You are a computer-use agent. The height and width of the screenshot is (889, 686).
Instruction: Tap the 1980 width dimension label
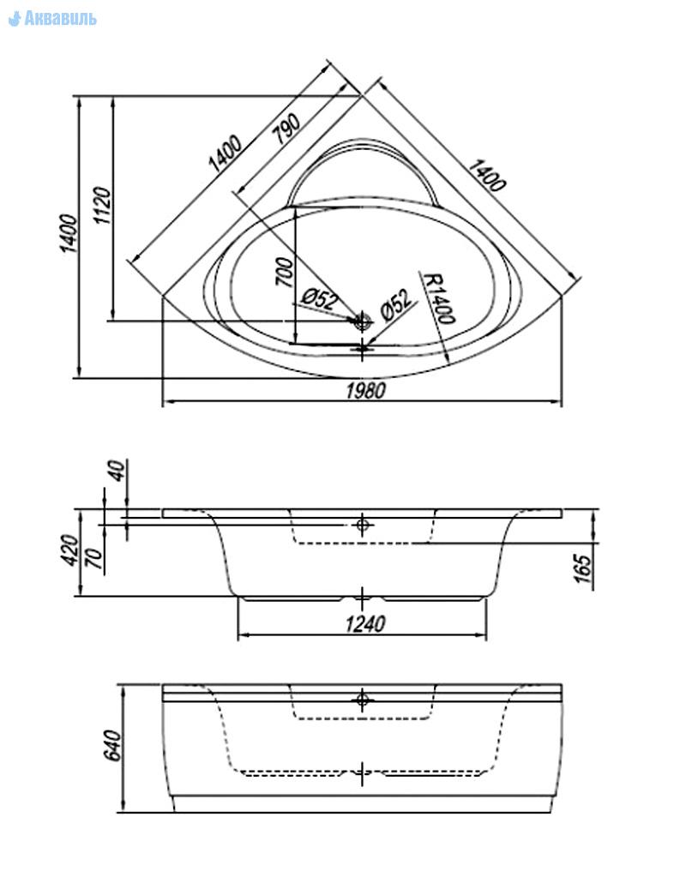(x=366, y=391)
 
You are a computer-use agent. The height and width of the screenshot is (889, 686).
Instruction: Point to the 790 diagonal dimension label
(x=286, y=129)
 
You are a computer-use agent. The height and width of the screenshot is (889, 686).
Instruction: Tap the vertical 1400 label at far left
(x=69, y=233)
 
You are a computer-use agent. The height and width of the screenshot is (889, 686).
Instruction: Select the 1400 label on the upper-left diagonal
(x=225, y=154)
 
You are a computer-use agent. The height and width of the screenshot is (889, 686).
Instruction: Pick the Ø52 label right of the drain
(x=397, y=304)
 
